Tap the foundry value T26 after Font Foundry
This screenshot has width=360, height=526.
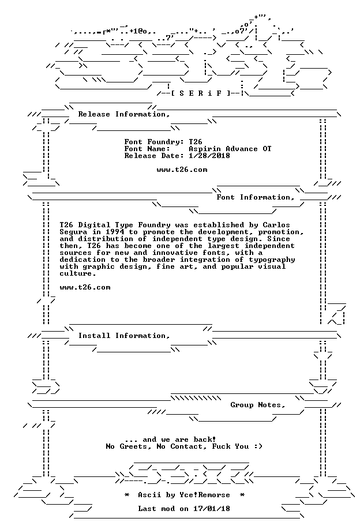click(x=196, y=142)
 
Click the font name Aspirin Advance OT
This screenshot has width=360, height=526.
click(x=230, y=149)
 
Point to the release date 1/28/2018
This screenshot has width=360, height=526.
click(x=209, y=156)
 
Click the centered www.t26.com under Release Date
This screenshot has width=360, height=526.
click(x=182, y=170)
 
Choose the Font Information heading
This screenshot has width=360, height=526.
click(x=256, y=197)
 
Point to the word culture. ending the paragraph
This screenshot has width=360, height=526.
click(x=78, y=273)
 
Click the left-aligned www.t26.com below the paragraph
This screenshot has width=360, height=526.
click(x=85, y=287)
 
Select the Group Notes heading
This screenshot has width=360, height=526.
click(x=258, y=405)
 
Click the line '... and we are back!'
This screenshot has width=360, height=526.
click(x=170, y=439)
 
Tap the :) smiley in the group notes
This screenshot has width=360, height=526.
click(x=258, y=446)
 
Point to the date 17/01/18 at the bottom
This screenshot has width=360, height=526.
click(x=211, y=509)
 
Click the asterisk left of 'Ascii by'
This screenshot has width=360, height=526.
click(x=127, y=495)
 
